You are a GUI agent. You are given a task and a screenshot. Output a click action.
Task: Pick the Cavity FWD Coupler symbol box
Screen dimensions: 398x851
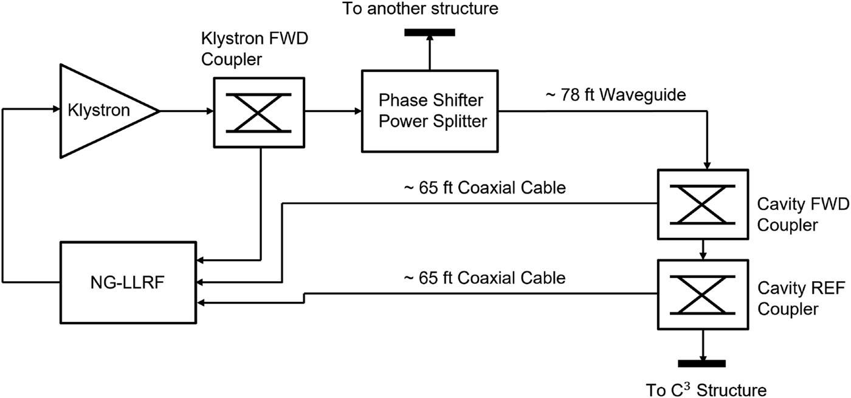pos(703,204)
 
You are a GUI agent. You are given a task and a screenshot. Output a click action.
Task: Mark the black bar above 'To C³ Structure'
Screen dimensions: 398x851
pos(703,364)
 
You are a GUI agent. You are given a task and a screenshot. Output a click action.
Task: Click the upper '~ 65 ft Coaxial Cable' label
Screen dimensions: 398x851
pos(485,188)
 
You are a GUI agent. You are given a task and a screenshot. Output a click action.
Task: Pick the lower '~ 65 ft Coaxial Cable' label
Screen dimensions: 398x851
pos(485,278)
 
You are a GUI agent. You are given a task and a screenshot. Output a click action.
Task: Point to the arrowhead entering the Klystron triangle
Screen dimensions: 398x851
pos(58,111)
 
